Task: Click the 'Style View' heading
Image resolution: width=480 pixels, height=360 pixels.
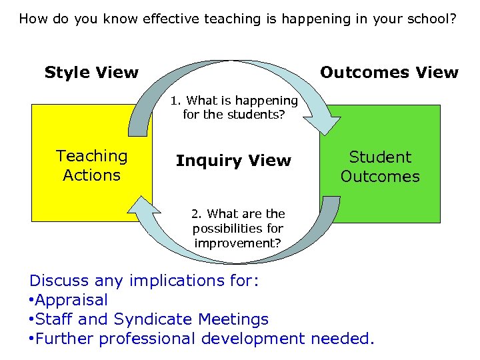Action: (91, 73)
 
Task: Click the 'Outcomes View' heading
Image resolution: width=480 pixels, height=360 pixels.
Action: (389, 73)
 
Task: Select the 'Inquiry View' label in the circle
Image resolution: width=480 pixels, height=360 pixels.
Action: (233, 161)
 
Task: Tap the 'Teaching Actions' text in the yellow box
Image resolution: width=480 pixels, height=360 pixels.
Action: (91, 165)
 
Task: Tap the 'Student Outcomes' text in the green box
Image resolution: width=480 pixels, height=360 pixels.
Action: (380, 167)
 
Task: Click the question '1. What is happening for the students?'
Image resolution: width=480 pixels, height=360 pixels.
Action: (233, 107)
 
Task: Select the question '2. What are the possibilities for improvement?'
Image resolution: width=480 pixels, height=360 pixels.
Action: (238, 228)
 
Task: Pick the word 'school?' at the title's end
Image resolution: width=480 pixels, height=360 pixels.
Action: (430, 18)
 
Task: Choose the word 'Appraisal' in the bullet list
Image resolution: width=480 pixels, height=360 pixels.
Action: (71, 300)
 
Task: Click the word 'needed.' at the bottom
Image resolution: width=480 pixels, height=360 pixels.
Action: (343, 339)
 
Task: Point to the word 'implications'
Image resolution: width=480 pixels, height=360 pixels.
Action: (173, 281)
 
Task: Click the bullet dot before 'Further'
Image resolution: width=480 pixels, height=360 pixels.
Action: (31, 339)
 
